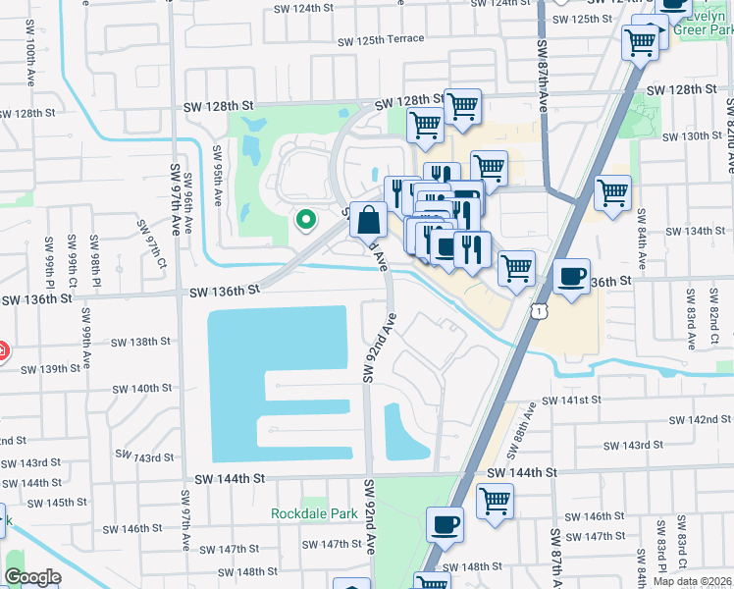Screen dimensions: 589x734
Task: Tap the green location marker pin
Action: tap(305, 221)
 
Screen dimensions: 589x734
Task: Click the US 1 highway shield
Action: tap(538, 311)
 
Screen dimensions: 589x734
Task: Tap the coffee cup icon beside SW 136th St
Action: tap(571, 276)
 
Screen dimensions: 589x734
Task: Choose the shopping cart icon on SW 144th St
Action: tap(496, 500)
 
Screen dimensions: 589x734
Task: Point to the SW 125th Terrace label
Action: tap(381, 40)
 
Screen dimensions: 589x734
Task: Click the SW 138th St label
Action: tap(140, 342)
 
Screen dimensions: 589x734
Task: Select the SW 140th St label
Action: tap(140, 389)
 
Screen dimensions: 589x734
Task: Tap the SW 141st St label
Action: tap(571, 400)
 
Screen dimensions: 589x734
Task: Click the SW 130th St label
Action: tap(693, 135)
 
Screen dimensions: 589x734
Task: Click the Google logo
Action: tap(32, 577)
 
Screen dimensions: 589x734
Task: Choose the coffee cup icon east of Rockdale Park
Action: tap(445, 523)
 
